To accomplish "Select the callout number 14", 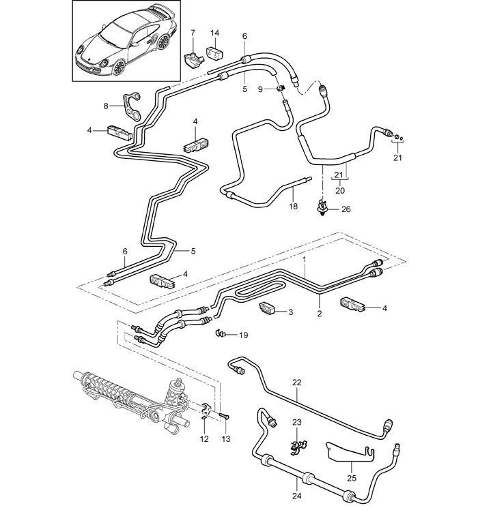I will click(x=214, y=33).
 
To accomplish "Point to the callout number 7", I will click(x=193, y=33).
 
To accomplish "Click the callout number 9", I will click(x=261, y=89).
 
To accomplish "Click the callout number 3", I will click(x=290, y=312).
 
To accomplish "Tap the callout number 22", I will click(x=296, y=382).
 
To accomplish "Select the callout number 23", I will click(x=296, y=423).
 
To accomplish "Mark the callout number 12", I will click(x=203, y=440).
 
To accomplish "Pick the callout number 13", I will click(x=226, y=440).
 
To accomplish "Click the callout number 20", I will click(x=340, y=192).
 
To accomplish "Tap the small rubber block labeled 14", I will click(x=214, y=51).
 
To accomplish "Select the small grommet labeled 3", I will click(x=267, y=310).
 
